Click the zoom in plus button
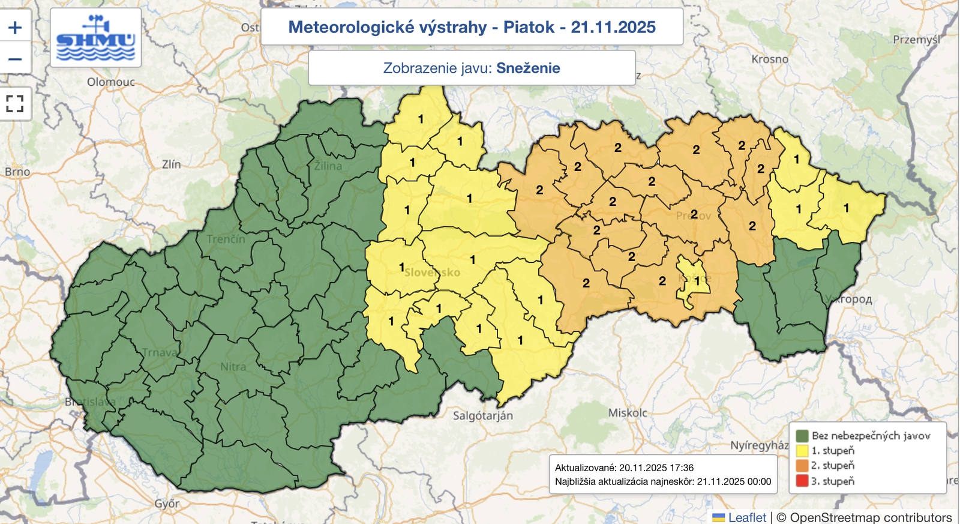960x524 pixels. point(15,28)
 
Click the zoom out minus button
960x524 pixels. point(15,59)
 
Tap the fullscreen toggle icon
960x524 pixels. point(15,104)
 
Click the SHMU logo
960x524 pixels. point(96,38)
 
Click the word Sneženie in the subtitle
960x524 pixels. point(528,68)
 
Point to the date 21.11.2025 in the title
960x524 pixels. point(613,27)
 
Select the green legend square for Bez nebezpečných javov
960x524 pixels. point(802,436)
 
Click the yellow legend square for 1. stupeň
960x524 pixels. point(802,451)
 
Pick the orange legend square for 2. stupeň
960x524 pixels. point(802,466)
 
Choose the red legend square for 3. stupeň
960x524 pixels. point(802,481)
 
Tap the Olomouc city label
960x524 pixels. point(111,82)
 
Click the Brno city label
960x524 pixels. point(17,172)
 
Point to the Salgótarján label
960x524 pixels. point(482,415)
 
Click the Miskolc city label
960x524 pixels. point(628,413)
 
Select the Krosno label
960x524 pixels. point(770,59)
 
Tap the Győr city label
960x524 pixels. point(167,504)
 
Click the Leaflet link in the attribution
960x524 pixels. point(746,517)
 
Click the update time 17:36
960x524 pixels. point(682,468)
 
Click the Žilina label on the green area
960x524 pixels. point(328,166)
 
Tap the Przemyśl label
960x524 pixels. point(916,40)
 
